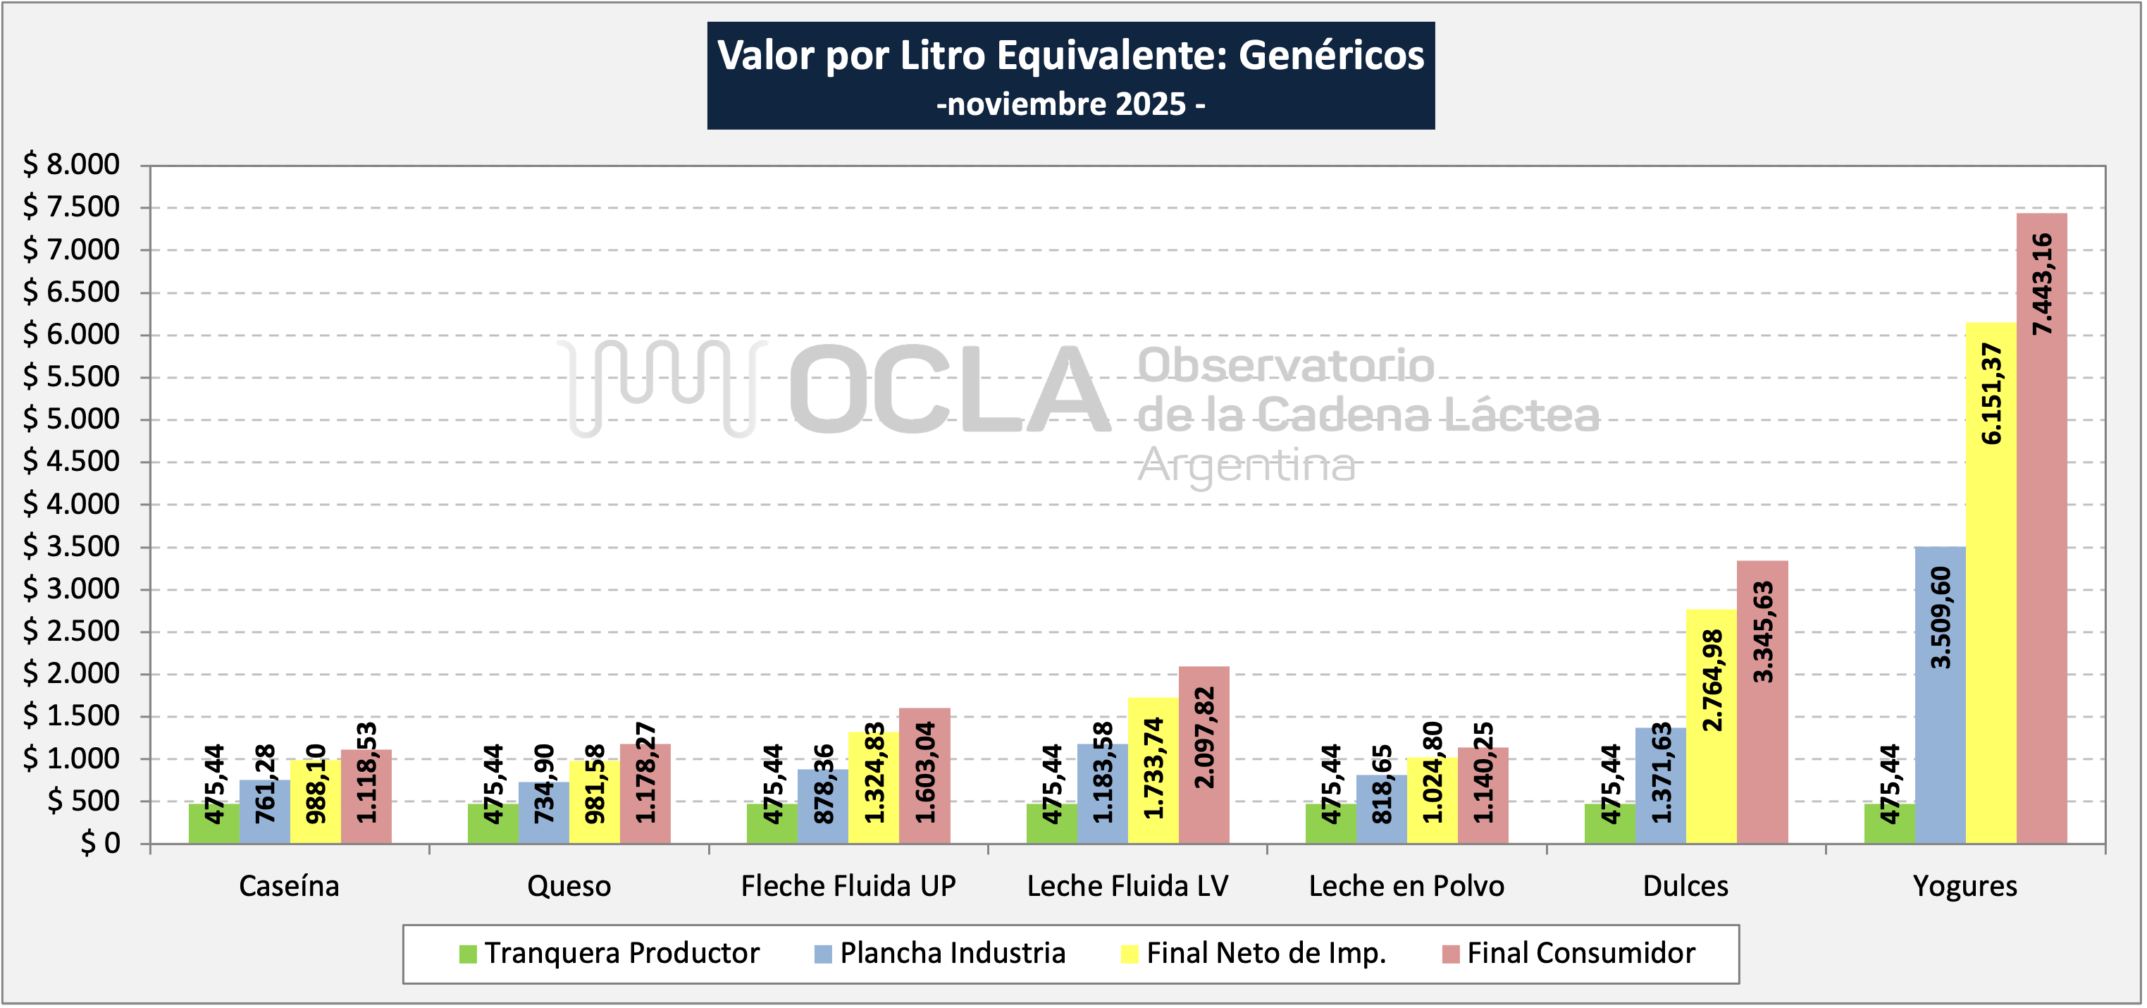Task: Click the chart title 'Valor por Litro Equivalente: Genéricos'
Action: (1070, 56)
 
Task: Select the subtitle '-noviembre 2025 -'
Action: (1070, 104)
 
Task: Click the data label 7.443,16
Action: (2041, 284)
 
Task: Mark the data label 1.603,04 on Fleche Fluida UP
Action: (925, 772)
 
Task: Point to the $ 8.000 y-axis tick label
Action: (72, 164)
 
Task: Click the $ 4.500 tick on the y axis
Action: (72, 461)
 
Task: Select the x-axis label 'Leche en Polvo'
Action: (1406, 885)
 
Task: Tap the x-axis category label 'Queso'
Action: (569, 885)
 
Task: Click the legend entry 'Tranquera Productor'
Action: (621, 953)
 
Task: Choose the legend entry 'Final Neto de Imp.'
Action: (1266, 953)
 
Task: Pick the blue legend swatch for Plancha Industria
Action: (822, 954)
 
